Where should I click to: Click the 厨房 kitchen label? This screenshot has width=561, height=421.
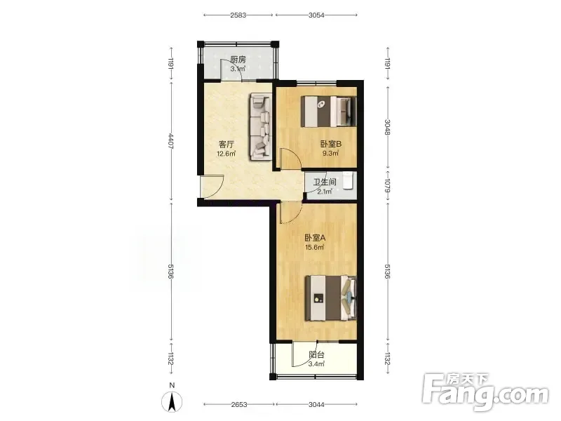click(238, 60)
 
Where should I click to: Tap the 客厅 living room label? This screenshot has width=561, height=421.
click(226, 145)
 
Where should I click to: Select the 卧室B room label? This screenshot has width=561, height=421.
click(331, 145)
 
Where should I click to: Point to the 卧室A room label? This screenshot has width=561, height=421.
click(315, 238)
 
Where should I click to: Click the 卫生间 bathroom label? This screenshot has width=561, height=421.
click(325, 182)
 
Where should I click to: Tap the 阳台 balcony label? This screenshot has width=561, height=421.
click(317, 355)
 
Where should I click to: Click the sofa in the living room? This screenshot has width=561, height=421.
click(259, 126)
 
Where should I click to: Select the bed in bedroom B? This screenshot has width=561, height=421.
click(329, 111)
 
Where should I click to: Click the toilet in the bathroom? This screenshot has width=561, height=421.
click(348, 181)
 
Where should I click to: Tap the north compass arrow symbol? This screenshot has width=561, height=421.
click(172, 401)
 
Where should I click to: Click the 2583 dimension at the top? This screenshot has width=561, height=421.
click(238, 15)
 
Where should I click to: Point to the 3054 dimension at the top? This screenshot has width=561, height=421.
click(316, 15)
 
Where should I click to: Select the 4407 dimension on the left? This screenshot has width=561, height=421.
click(171, 141)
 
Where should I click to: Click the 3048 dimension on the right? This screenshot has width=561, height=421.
click(388, 127)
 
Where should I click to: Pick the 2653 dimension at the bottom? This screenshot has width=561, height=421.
click(239, 405)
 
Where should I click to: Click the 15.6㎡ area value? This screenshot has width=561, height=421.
click(314, 247)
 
